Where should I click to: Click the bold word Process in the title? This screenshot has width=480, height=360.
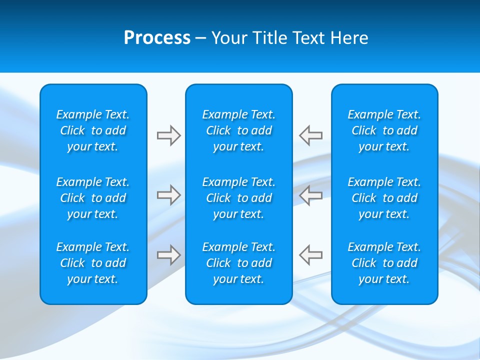(157, 38)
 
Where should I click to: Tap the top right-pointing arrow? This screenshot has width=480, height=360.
(169, 135)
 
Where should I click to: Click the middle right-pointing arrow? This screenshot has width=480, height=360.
(169, 195)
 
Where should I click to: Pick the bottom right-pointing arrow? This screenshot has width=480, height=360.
(169, 255)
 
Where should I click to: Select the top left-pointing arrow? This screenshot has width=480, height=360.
(310, 135)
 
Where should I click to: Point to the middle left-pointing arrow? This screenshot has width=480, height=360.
(310, 195)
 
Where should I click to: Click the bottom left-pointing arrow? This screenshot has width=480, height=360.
(310, 255)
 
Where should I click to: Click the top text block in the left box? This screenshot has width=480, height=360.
(93, 130)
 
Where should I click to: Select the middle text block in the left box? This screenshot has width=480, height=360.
(93, 198)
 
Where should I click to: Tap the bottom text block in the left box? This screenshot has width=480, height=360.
(93, 263)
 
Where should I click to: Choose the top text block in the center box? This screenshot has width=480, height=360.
(239, 130)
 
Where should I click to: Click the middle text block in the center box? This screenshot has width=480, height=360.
(239, 198)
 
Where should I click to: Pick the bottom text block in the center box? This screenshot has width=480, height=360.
(239, 263)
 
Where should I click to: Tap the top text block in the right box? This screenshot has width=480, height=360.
(384, 130)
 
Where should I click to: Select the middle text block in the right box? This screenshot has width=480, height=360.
(384, 198)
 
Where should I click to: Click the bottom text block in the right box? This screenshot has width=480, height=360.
(384, 263)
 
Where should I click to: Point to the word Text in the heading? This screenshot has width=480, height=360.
(309, 38)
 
